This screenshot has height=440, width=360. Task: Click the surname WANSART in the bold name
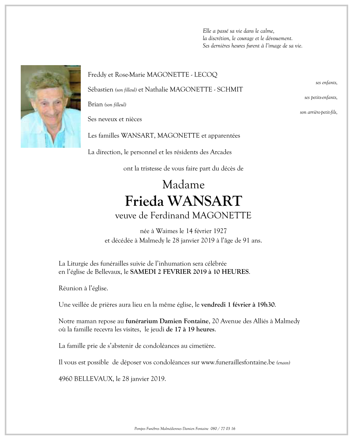coord(205,201)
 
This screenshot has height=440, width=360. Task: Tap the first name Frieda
coord(144,201)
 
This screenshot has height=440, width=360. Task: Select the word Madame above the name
coord(183,185)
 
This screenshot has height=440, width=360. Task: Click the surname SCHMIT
coord(230,89)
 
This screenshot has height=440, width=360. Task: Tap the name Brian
coord(95,104)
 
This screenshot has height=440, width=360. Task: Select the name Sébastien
coord(100,89)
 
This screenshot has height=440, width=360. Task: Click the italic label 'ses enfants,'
coord(326,83)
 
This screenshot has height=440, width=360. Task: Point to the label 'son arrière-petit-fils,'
coord(319,113)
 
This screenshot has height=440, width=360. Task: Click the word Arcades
coord(221,152)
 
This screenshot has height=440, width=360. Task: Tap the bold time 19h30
coord(266,305)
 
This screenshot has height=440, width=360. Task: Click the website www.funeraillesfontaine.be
coord(238,362)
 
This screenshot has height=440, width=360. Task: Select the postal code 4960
coord(65,379)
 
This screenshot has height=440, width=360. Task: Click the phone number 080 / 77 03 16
coord(223,428)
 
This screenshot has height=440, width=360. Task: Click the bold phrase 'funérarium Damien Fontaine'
coord(167,321)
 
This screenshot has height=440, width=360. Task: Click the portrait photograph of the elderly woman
coord(51,106)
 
